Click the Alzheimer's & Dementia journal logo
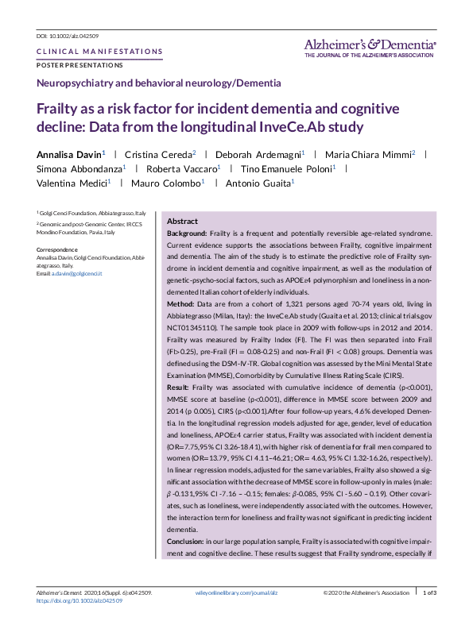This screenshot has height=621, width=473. (370, 47)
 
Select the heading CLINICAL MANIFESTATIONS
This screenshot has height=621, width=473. (99, 52)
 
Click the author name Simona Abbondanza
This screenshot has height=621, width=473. (77, 168)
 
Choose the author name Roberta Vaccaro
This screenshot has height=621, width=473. (180, 168)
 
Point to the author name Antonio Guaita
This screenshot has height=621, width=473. (258, 183)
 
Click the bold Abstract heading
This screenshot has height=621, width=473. (182, 221)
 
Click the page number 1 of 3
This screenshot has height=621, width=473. (429, 592)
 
